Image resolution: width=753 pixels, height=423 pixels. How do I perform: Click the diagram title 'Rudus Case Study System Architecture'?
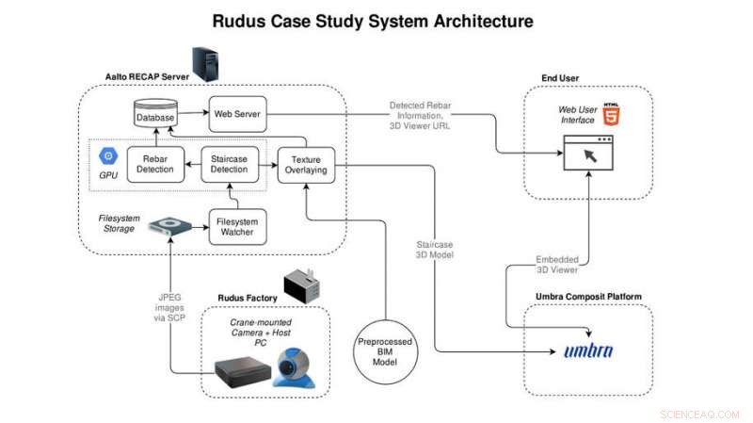click(x=373, y=20)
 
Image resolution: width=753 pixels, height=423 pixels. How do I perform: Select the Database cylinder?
click(x=155, y=114)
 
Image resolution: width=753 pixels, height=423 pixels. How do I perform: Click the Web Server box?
click(x=236, y=113)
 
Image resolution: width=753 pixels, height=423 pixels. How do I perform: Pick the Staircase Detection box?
click(x=230, y=164)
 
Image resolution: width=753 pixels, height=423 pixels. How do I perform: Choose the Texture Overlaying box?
click(x=306, y=165)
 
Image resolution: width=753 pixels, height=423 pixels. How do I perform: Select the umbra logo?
click(x=588, y=352)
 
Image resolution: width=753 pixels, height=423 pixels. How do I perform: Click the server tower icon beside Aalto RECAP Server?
click(x=202, y=64)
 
